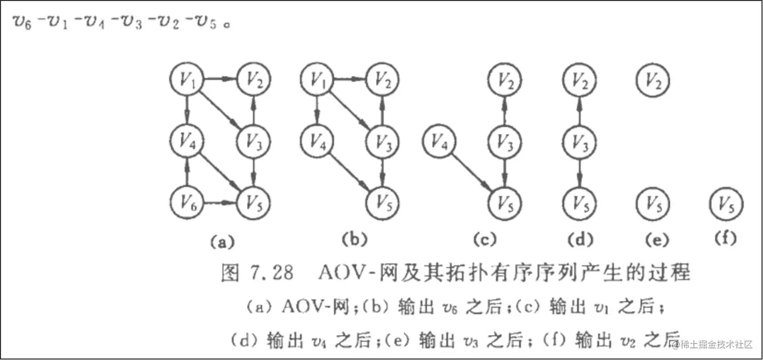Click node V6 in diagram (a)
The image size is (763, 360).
(187, 204)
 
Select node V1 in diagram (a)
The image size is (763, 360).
(187, 79)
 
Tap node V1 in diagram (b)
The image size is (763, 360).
(317, 79)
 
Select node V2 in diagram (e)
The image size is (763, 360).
(653, 79)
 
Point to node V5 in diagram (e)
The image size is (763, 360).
(653, 204)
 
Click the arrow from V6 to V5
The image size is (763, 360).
(220, 204)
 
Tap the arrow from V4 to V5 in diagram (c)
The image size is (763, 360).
(472, 173)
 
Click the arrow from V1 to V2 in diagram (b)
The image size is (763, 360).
(349, 79)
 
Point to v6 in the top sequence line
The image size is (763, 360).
(23, 24)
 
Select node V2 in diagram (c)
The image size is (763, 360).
(505, 79)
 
